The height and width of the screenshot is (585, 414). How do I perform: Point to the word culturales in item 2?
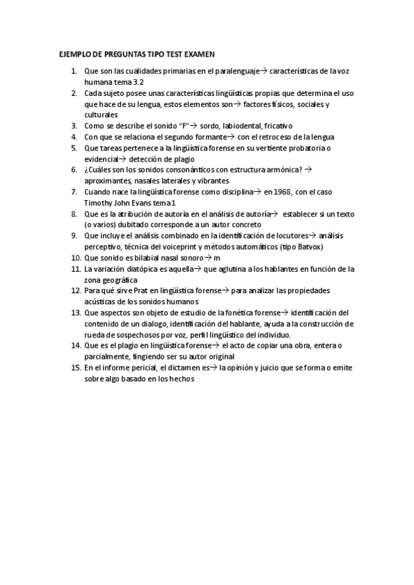coord(101,115)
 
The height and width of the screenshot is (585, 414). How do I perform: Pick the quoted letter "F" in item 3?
coord(182,126)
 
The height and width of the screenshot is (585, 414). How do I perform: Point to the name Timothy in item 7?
coord(99,202)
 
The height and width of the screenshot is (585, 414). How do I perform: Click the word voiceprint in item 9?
coord(186,246)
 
